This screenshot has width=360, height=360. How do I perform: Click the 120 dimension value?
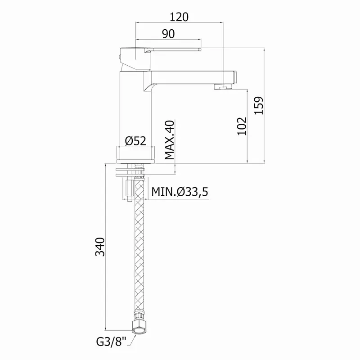(x=179, y=17)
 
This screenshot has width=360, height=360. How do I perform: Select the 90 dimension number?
(x=168, y=34)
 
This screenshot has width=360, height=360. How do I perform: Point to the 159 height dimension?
(x=259, y=106)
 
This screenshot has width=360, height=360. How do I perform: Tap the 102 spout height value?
(x=242, y=126)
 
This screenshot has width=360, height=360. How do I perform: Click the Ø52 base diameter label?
(x=135, y=141)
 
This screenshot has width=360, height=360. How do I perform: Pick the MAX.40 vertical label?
(x=170, y=140)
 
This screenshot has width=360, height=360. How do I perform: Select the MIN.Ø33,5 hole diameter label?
(x=180, y=192)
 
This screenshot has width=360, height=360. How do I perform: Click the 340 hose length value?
(x=100, y=247)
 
